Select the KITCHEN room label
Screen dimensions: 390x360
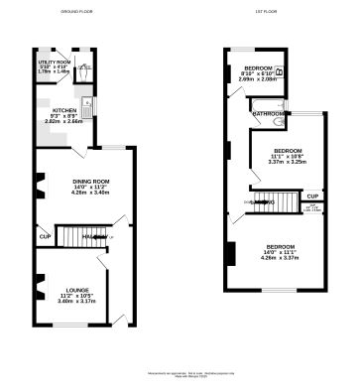(64, 110)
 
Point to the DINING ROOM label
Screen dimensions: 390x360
(76, 181)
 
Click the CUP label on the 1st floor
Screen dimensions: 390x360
(311, 197)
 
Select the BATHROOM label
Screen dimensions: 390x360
(269, 114)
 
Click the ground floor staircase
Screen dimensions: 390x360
(77, 238)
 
